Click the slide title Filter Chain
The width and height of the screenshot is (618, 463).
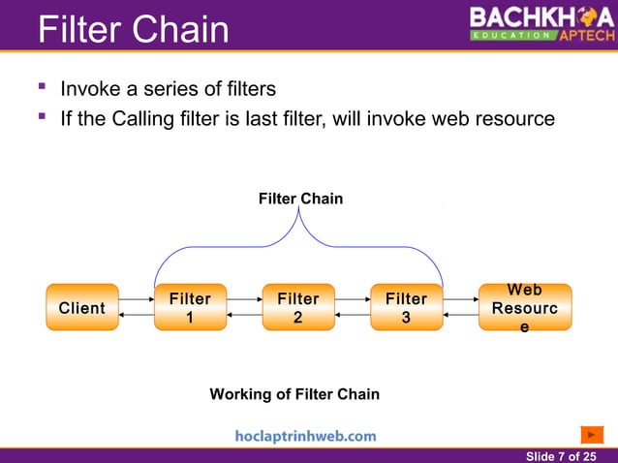click(x=133, y=29)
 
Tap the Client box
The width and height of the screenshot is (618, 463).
click(x=82, y=308)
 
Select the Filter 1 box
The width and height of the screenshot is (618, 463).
click(x=190, y=308)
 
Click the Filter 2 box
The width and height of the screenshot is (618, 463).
click(x=298, y=308)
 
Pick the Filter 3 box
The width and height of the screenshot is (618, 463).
click(x=406, y=308)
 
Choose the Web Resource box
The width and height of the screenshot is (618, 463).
click(x=525, y=308)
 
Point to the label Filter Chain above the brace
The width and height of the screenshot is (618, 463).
click(x=300, y=198)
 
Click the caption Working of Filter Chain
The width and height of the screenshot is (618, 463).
click(x=294, y=394)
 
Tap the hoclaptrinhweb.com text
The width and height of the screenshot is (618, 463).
click(x=305, y=436)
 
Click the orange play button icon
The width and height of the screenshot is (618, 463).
click(x=592, y=434)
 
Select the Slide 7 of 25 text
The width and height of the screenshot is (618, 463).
click(x=561, y=455)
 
